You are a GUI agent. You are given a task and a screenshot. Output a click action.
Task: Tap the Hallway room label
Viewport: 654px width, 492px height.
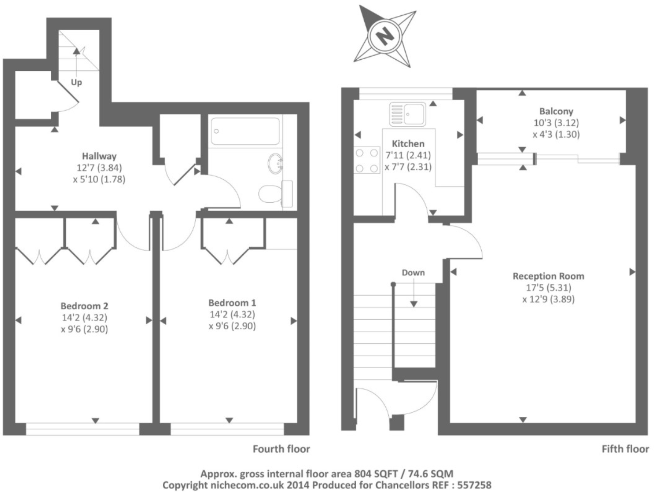pos(99,156)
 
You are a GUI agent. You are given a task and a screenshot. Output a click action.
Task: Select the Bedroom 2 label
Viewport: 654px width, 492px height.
pos(84,306)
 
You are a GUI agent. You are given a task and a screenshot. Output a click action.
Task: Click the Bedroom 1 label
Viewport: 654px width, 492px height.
pos(232,303)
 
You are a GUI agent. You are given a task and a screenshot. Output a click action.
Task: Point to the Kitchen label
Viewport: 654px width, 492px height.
pos(408,144)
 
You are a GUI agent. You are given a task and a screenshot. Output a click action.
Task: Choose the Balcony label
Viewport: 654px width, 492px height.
pos(556,111)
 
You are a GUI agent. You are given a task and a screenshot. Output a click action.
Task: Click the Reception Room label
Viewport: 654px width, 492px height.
pos(548,276)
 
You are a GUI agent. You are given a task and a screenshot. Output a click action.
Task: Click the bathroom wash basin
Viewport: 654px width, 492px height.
pos(275,163)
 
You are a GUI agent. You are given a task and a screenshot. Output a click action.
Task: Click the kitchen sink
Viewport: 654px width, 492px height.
pos(407,114)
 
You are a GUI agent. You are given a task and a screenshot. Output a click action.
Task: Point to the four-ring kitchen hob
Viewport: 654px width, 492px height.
pos(367,160)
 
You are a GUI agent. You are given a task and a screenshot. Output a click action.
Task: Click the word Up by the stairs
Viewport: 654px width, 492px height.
pos(76,82)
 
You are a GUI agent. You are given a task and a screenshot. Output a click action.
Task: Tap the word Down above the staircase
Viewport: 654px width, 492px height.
pos(413,273)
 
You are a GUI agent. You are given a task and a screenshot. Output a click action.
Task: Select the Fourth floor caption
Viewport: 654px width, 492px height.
pos(281,449)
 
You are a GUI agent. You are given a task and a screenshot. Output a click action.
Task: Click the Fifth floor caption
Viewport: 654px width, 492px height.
pos(625,449)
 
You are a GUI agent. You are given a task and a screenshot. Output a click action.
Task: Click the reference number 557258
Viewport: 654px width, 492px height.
pos(474,485)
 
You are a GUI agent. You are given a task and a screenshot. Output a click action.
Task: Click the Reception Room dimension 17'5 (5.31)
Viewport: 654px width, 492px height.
pos(548,288)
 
